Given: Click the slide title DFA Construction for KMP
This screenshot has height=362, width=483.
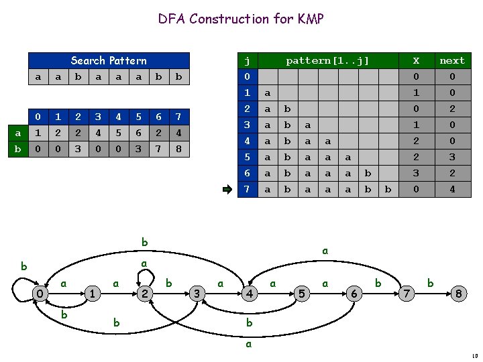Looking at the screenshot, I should [x=241, y=19].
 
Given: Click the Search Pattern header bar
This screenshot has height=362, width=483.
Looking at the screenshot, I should [x=108, y=60].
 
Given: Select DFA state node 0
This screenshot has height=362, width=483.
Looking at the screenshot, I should [x=40, y=293].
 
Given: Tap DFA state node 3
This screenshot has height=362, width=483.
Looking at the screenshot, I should [x=197, y=293].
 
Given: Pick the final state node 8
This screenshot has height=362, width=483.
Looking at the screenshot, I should [x=458, y=293].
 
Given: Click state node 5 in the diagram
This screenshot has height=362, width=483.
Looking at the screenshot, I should [x=302, y=293].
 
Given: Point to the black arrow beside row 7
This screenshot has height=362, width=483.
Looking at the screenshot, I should [x=228, y=190].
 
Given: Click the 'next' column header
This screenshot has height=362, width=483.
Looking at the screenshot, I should [x=451, y=60].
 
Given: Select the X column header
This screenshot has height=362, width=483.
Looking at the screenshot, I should [x=415, y=60].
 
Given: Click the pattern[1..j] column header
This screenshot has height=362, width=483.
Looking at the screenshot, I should [x=327, y=60].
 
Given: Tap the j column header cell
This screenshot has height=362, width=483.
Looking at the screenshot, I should [x=247, y=60].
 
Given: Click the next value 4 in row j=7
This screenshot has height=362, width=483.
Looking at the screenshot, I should [x=451, y=190].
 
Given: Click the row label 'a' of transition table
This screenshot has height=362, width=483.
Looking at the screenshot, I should [x=17, y=132].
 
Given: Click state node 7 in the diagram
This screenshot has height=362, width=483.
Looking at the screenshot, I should [x=405, y=293].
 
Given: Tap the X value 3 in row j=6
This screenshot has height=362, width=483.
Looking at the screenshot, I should [x=415, y=174].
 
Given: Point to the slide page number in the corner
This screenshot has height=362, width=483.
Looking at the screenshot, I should [x=474, y=356].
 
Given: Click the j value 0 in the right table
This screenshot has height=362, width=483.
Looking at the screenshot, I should [x=247, y=76].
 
